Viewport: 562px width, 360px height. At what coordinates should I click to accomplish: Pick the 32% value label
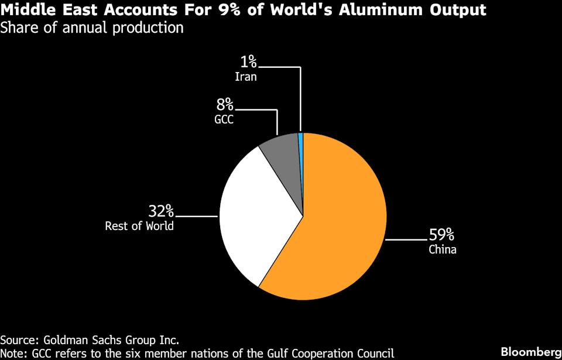(160, 211)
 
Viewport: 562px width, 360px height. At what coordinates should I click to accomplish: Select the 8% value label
(225, 105)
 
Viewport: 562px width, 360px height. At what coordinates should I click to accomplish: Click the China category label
(442, 250)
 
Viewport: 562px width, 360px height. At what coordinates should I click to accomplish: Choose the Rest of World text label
(139, 226)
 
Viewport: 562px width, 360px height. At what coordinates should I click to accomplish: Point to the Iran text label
(246, 77)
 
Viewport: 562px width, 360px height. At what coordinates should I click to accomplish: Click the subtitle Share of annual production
(92, 28)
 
